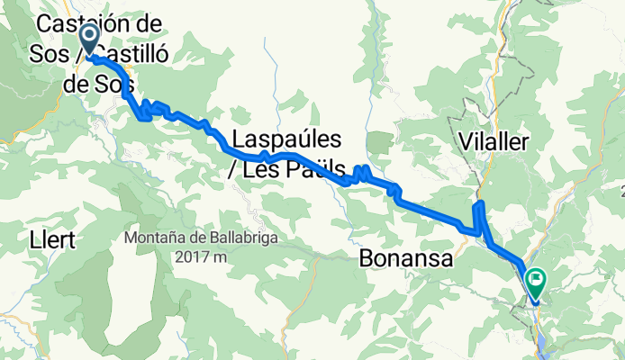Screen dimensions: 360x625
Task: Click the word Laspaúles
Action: tap(286, 139)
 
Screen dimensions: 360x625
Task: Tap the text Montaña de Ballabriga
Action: tap(202, 238)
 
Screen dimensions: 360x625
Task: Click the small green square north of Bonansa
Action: tap(381, 140)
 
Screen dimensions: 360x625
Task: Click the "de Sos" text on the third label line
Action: tap(100, 85)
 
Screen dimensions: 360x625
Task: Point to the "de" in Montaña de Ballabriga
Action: tap(194, 238)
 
